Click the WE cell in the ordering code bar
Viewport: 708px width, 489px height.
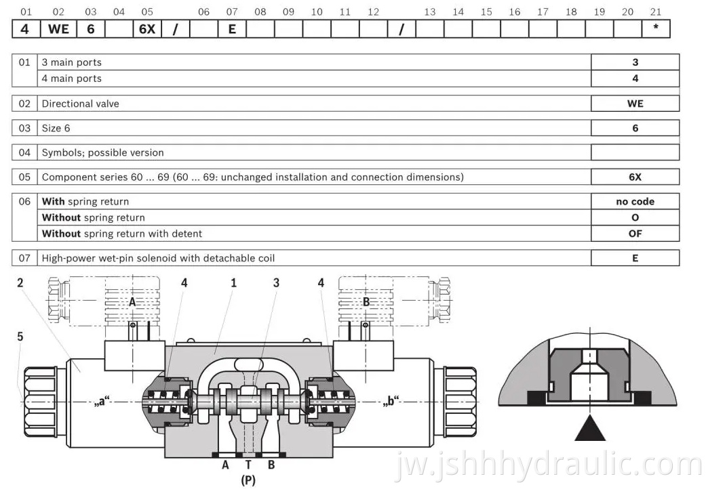coord(59,30)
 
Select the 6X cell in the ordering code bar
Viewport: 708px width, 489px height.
coord(147,30)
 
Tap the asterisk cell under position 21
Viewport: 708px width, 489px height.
coord(656,30)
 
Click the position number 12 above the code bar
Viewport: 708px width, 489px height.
coord(373,12)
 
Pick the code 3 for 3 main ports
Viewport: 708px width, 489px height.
coord(635,62)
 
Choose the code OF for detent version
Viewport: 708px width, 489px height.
coord(635,234)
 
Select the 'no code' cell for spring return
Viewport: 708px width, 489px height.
coord(635,201)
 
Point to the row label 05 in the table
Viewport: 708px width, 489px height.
coord(25,177)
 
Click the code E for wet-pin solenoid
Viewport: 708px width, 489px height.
coord(635,258)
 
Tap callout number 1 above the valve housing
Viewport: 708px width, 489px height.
coord(233,283)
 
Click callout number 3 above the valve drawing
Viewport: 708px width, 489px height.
coord(276,283)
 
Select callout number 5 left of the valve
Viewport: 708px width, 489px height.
coord(20,336)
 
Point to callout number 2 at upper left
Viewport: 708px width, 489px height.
coord(20,283)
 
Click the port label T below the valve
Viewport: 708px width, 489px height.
coord(248,465)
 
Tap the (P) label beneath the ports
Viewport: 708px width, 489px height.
coord(248,480)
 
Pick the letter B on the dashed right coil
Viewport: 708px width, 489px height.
coord(366,302)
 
